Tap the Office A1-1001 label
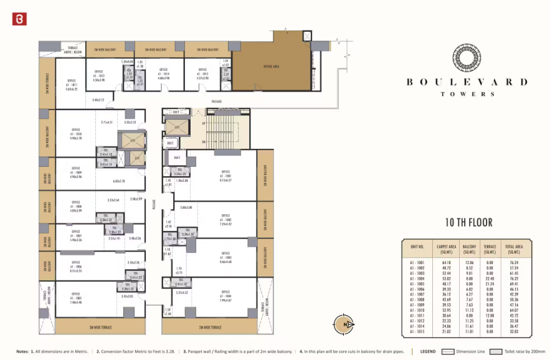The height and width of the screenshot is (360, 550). (x=225, y=176)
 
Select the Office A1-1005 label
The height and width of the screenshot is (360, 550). (x=75, y=297)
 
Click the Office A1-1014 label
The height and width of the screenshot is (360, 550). (x=164, y=73)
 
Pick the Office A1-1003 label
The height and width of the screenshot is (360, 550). (x=225, y=257)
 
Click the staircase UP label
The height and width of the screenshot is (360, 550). (x=202, y=123)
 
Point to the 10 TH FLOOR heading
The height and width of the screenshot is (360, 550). (x=468, y=222)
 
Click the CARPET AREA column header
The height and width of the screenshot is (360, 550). (x=444, y=249)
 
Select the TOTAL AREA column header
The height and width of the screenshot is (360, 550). (x=514, y=249)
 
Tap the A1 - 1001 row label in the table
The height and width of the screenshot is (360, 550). (x=417, y=263)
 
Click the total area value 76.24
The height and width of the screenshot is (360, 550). (x=514, y=263)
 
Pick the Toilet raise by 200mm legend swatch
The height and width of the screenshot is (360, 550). (x=496, y=351)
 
